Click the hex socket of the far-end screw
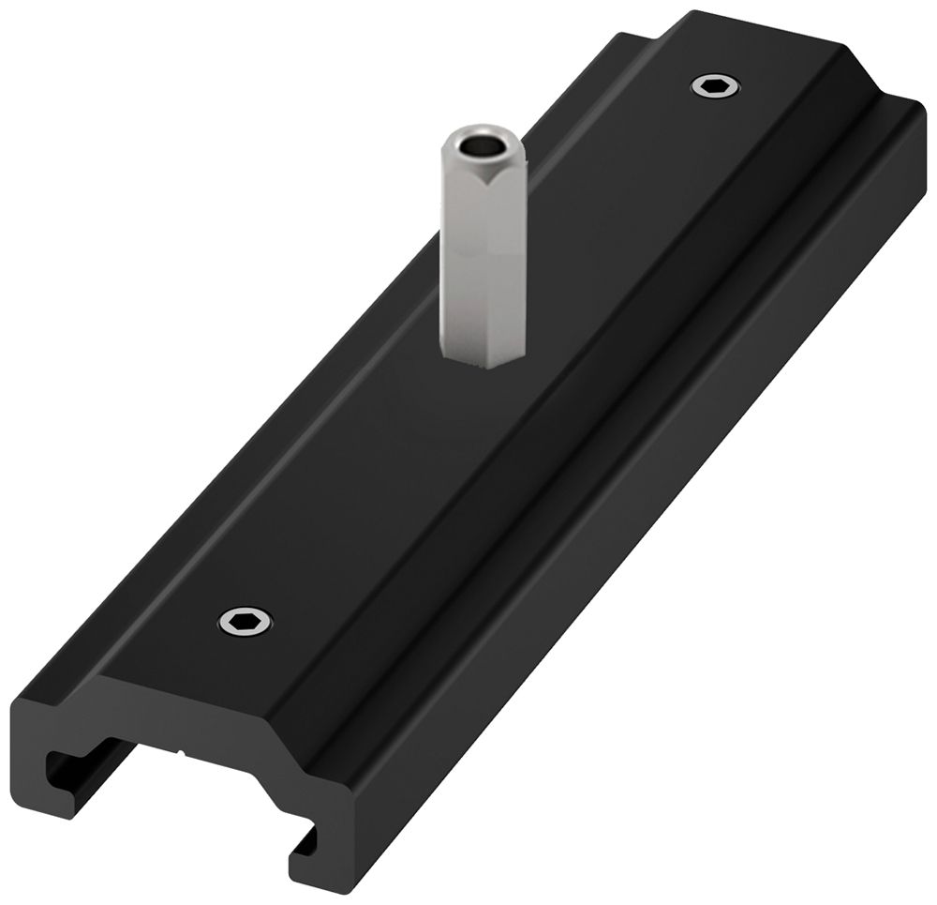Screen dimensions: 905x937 716,87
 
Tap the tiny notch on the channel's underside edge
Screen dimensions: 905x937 179,750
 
